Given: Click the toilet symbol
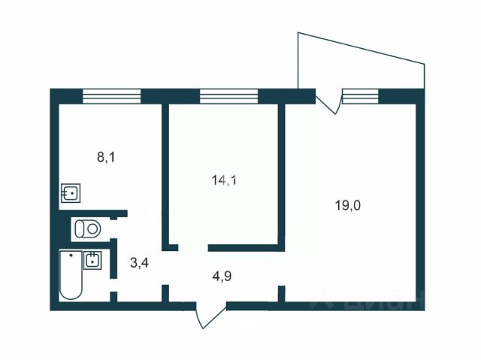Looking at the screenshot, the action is tap(89, 226).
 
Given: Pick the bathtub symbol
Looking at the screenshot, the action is tap(70, 275).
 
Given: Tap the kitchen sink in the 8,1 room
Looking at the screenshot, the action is tap(71, 193).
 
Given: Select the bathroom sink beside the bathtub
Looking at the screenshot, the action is tap(92, 260).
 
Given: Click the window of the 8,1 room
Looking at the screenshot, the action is tap(111, 95).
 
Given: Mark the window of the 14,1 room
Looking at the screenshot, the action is tap(228, 95).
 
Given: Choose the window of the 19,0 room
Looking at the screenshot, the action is tap(360, 95).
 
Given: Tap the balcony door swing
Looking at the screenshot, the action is tap(329, 103).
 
